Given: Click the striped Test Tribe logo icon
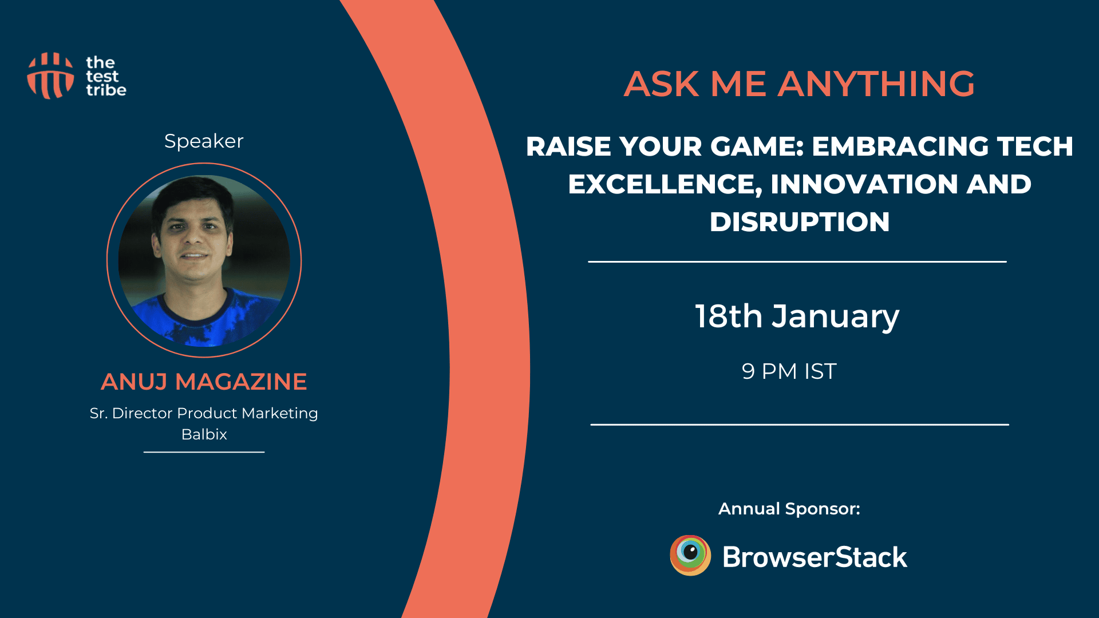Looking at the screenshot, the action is [50, 76].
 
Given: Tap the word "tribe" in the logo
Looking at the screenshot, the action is [106, 90].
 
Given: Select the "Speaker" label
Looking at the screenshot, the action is [204, 141].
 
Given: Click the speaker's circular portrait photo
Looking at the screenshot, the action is [204, 260].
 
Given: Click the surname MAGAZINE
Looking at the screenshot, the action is [241, 382].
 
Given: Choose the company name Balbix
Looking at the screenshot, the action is [204, 434].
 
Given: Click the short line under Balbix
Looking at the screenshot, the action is [204, 452].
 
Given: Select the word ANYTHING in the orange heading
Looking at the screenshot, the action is [876, 84].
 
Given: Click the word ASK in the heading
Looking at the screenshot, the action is [661, 84].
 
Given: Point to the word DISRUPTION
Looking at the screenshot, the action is [800, 222].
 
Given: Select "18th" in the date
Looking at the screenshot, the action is [729, 316].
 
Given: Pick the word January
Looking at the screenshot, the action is [836, 318].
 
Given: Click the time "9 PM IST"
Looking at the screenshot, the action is [789, 371].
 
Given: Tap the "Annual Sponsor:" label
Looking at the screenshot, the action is [789, 509].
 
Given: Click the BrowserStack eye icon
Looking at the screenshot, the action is [690, 555].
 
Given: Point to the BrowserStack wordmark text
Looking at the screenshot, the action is [815, 557].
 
